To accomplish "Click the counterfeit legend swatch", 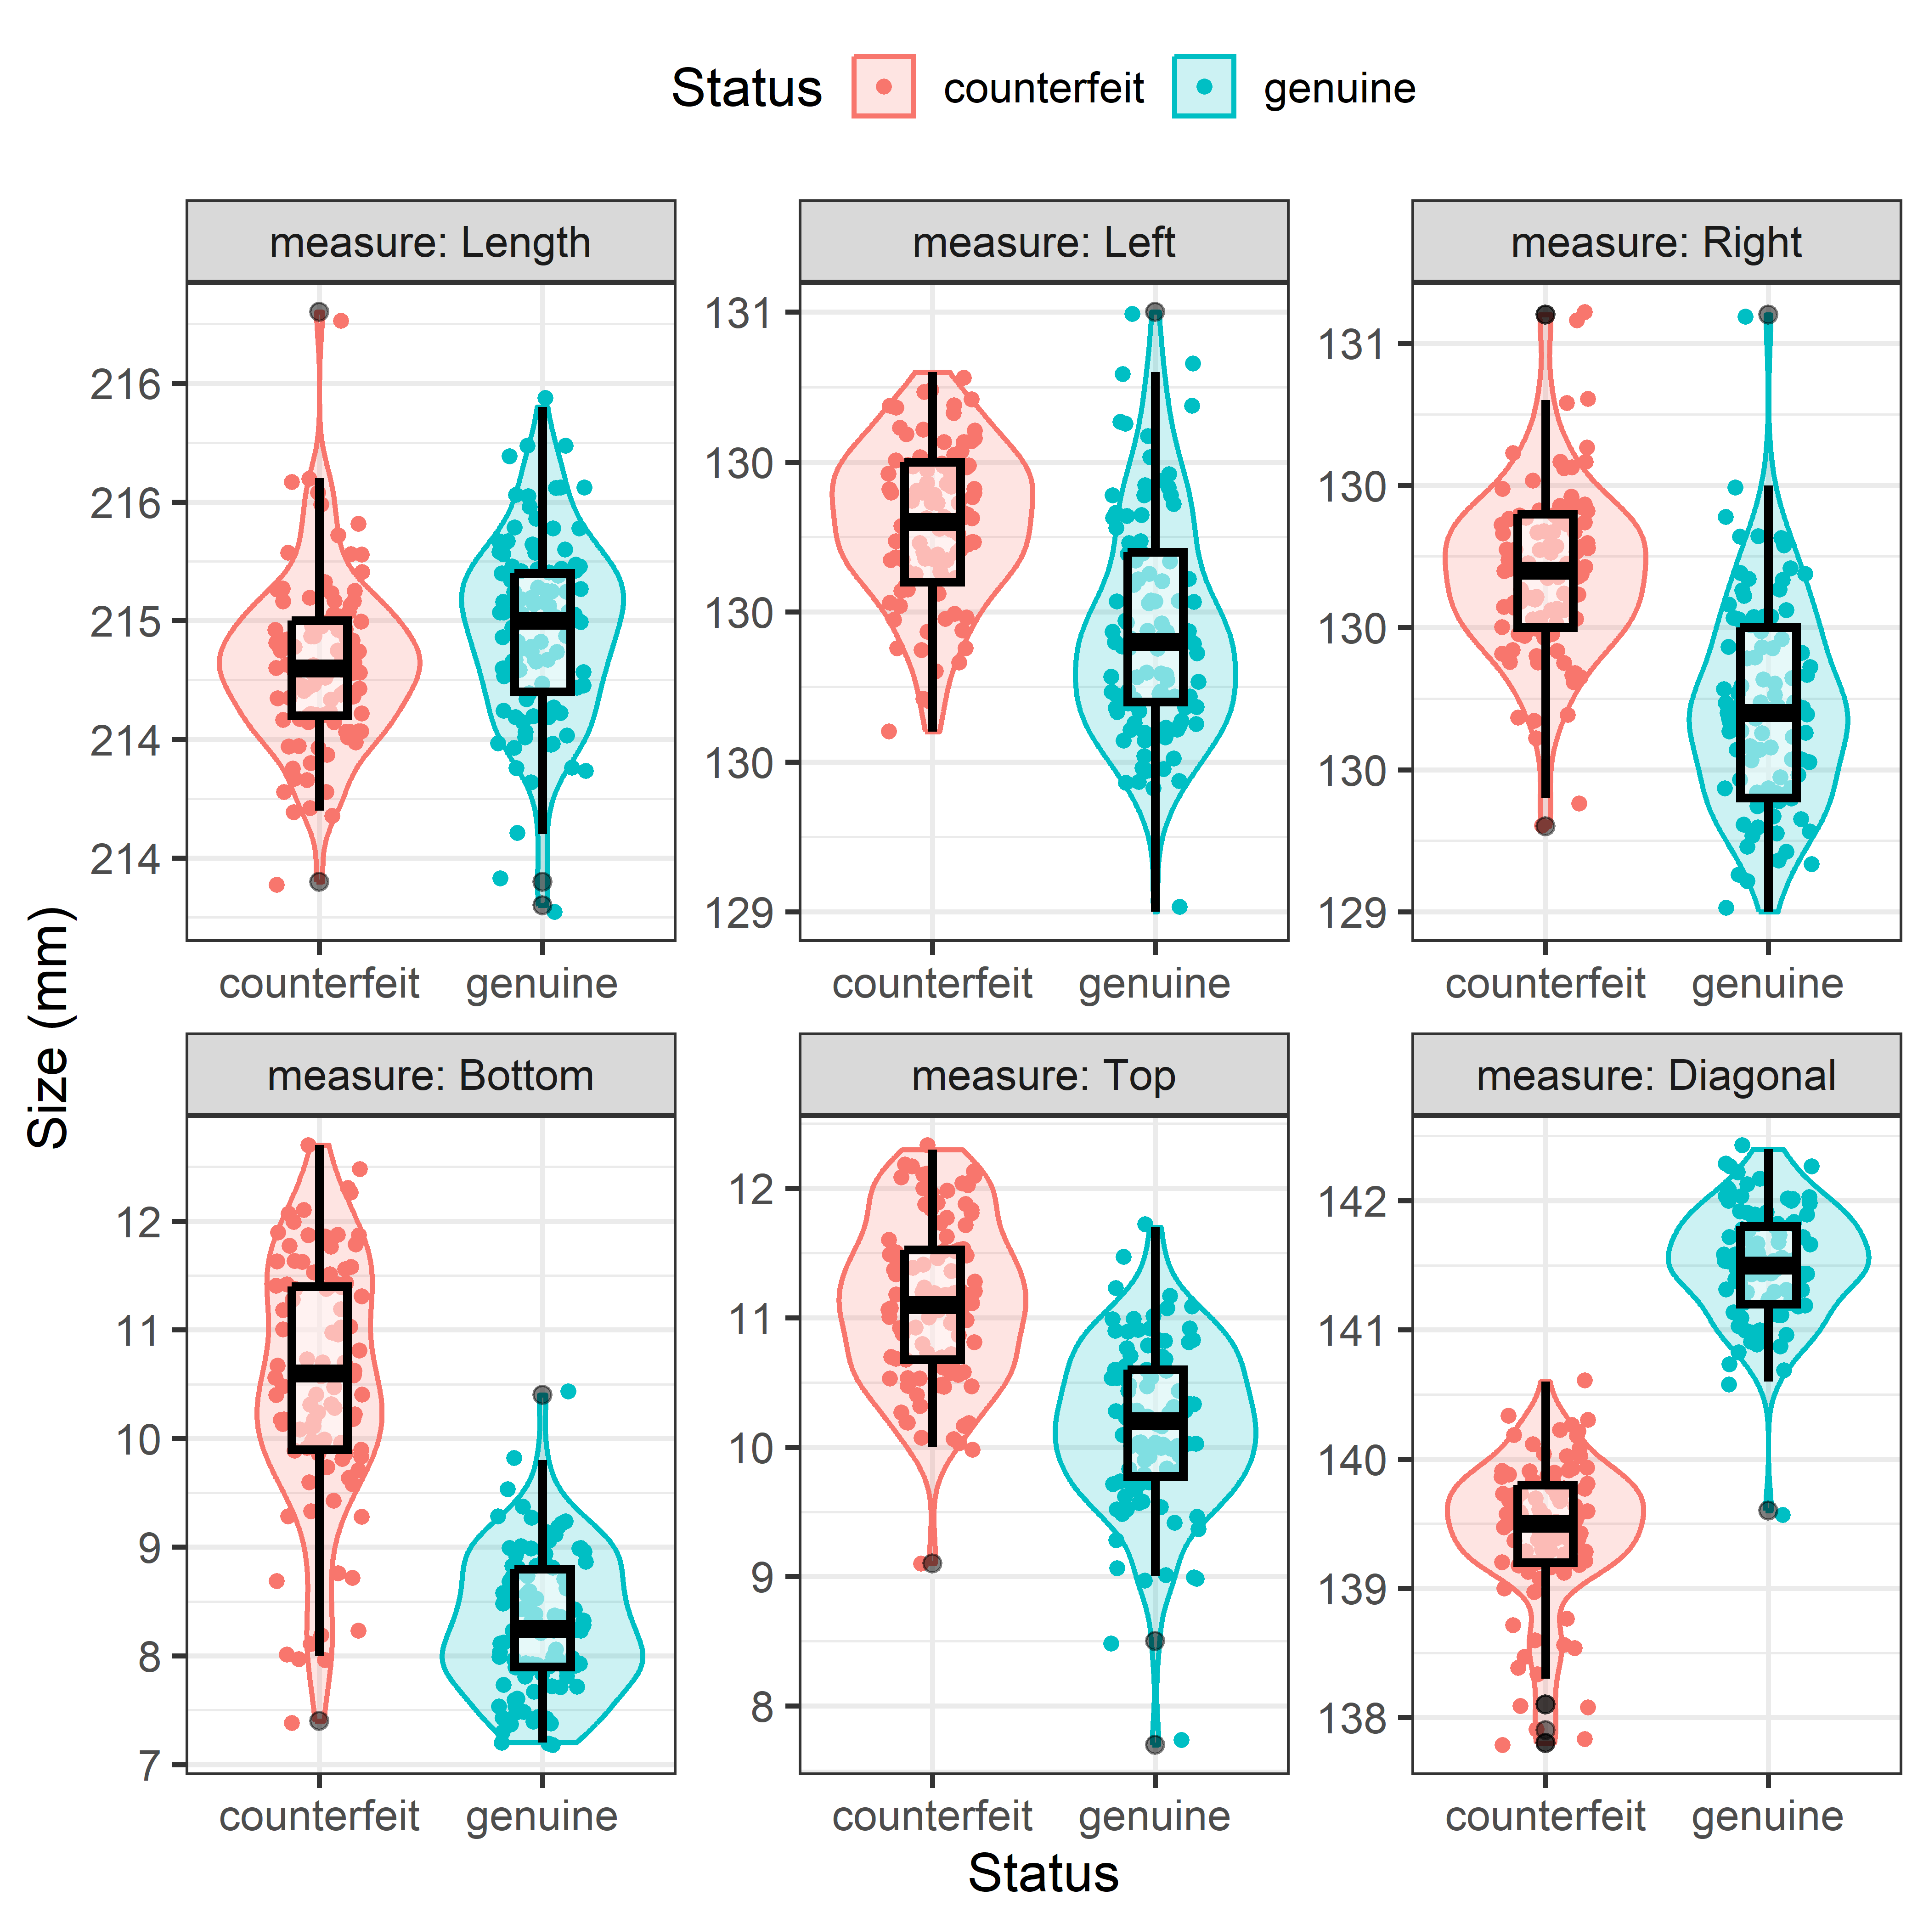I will [x=884, y=87].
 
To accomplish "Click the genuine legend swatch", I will [x=1204, y=87].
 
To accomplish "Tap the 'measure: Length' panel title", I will [x=430, y=243].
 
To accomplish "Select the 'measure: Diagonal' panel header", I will [x=1655, y=1075].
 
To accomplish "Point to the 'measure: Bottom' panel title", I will [x=430, y=1075].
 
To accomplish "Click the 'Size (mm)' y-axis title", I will [x=48, y=1028].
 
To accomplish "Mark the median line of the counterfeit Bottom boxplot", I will [x=320, y=1373].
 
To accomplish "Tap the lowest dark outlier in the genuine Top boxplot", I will [x=1155, y=1744].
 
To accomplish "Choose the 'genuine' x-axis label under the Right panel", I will [x=1767, y=983].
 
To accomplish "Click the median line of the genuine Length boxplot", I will [x=542, y=620].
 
